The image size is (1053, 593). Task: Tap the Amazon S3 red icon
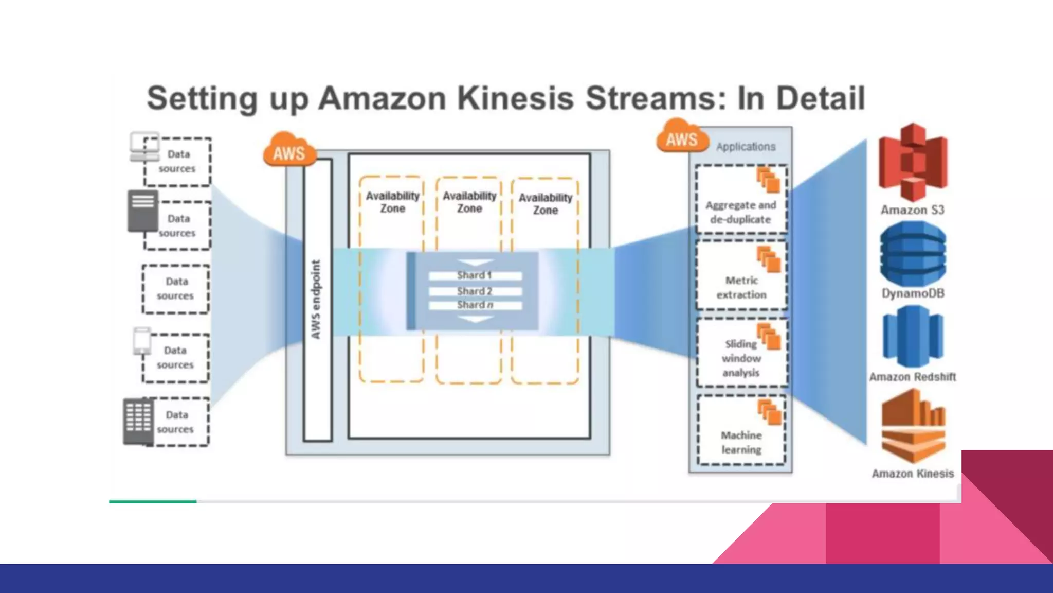913,162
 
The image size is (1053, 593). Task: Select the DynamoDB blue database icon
913,253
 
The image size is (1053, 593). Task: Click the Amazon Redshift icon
913,337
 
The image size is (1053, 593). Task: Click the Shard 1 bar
475,276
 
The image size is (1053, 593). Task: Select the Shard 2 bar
475,291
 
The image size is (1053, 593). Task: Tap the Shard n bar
475,305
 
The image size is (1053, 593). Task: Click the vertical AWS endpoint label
316,300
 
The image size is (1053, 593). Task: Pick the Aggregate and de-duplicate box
741,200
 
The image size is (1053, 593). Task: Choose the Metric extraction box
741,276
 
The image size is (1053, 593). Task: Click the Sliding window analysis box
741,353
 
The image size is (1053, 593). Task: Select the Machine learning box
741,430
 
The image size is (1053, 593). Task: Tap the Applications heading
746,147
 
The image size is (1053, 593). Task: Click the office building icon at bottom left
138,421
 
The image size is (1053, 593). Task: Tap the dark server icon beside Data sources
142,210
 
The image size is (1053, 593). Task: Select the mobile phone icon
142,341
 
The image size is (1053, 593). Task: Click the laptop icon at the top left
144,146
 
